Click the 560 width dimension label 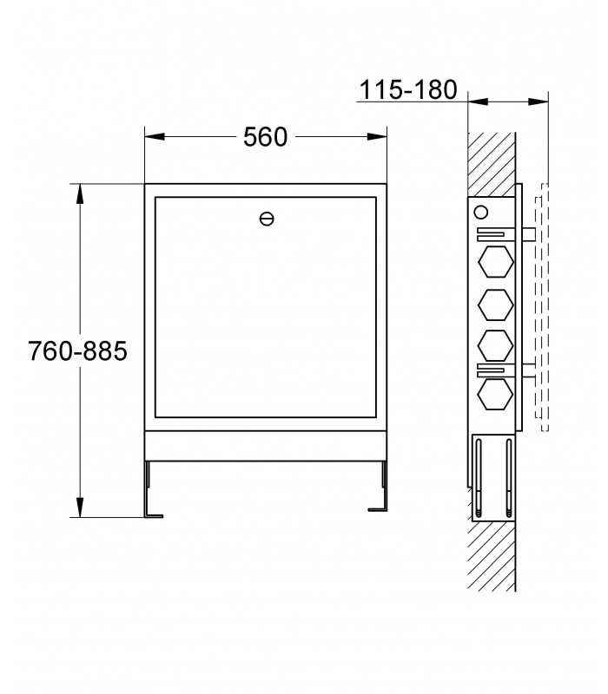tap(266, 137)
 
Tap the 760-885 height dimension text tap(77, 351)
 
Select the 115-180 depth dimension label tap(408, 90)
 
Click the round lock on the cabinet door tap(267, 219)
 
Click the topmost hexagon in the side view tap(496, 262)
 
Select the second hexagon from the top tap(496, 305)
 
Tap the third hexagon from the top tap(496, 345)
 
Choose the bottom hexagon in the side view tap(496, 394)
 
